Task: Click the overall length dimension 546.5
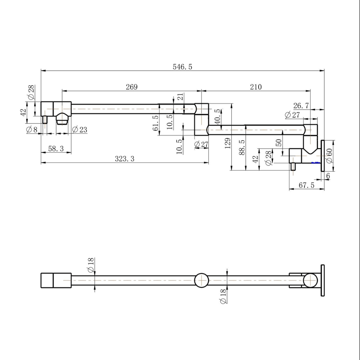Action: pos(182,67)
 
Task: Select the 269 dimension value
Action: pos(132,87)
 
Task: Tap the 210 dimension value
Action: pos(256,87)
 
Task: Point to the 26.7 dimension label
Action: pos(301,106)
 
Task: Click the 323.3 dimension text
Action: pos(124,159)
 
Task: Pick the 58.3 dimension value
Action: pos(56,149)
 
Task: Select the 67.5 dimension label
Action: pos(306,185)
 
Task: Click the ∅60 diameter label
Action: pos(329,156)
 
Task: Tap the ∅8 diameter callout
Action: pos(32,130)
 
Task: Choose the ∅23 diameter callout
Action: pos(79,130)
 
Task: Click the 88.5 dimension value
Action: pos(242,147)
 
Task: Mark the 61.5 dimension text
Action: pos(156,123)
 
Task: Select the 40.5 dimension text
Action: pos(217,117)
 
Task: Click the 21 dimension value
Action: pos(180,97)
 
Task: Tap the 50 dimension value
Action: pos(279,143)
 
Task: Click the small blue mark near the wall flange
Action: pos(315,163)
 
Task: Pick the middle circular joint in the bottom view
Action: pos(201,280)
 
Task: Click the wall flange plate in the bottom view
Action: pos(323,280)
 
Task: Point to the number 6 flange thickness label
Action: pos(328,176)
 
